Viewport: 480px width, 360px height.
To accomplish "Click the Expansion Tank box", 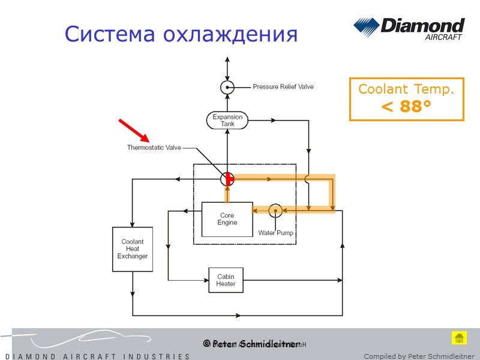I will (x=227, y=120).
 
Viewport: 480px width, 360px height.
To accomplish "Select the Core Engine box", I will (x=227, y=219).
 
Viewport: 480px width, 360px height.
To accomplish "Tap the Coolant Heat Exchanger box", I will (x=132, y=249).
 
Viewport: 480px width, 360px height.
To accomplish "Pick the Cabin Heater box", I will (x=226, y=280).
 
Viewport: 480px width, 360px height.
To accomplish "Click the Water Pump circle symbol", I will (x=275, y=210).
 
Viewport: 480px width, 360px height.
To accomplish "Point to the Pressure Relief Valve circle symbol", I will (x=227, y=87).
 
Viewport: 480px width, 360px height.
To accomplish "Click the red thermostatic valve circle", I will (x=227, y=178).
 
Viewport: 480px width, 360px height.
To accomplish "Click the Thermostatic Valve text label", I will (x=154, y=148).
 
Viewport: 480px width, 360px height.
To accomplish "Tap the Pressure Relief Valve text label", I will (x=283, y=87).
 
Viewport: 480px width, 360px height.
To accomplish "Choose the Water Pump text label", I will (x=275, y=233).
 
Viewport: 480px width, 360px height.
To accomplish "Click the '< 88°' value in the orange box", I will (x=406, y=107).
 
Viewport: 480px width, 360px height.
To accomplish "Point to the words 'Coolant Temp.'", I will (x=406, y=89).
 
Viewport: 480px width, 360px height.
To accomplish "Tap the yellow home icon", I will (x=459, y=338).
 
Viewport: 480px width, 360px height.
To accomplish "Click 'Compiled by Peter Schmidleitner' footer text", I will (x=419, y=356).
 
